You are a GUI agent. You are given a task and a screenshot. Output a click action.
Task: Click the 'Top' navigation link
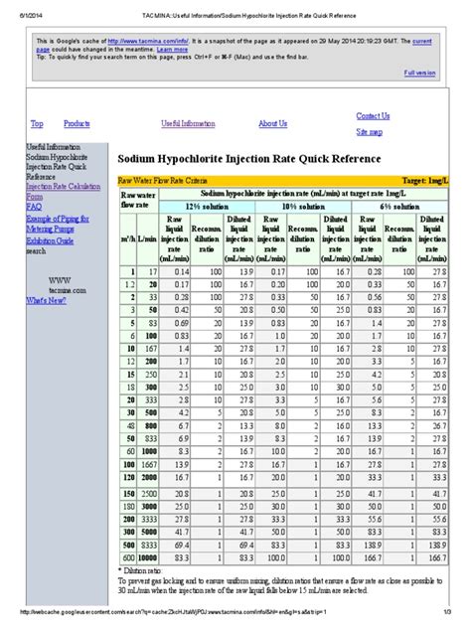tap(37, 124)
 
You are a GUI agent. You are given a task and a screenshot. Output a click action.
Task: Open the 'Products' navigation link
tap(78, 124)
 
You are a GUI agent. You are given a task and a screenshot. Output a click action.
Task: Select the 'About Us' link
tap(272, 124)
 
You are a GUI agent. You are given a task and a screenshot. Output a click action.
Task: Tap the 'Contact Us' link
tap(373, 116)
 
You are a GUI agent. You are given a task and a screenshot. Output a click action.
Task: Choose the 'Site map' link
tap(369, 131)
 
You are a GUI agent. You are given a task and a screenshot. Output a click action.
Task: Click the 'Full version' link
tap(418, 73)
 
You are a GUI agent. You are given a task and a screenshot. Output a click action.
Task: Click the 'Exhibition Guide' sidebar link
tap(50, 241)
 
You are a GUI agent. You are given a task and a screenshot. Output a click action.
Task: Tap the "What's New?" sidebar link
tap(48, 299)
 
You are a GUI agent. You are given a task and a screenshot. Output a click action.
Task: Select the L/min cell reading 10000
tap(146, 558)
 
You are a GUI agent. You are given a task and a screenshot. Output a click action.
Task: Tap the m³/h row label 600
tap(127, 558)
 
